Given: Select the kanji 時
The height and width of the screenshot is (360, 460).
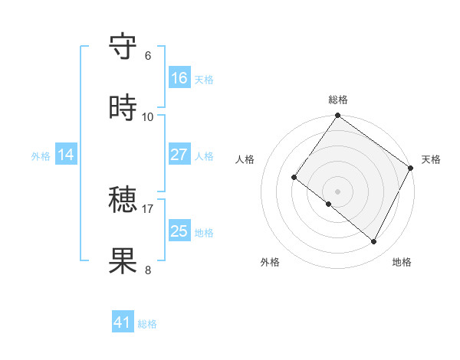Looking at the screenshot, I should (123, 108).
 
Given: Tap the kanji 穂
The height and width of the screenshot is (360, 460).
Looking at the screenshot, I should (123, 201).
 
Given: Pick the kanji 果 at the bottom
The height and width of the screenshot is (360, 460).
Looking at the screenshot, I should (123, 260).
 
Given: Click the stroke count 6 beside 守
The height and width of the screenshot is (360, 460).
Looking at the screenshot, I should (148, 56).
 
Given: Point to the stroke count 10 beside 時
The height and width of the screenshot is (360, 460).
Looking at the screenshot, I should (148, 116).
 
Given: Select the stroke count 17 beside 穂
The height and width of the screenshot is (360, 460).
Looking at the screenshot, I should (148, 208).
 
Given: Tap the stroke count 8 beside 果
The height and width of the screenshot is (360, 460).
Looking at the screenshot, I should (148, 269).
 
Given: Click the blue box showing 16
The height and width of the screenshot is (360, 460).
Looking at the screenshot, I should (179, 78).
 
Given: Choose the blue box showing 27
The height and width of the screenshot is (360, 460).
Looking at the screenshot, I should (179, 155).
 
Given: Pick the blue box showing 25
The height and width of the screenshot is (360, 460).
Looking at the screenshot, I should (179, 231).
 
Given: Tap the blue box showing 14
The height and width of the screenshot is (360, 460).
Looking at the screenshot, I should (66, 155).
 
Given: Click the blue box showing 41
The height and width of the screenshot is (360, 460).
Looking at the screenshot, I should (123, 322).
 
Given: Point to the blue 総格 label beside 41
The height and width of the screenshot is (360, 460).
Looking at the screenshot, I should (147, 324).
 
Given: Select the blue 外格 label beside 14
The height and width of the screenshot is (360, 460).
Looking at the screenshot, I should (41, 156).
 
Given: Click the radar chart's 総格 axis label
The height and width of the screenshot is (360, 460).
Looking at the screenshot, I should (337, 100).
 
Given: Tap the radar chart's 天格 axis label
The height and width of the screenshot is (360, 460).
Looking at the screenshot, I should (431, 159).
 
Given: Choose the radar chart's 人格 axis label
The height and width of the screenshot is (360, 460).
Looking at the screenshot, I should (245, 159).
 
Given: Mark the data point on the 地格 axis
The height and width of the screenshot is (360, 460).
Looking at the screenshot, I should (374, 242).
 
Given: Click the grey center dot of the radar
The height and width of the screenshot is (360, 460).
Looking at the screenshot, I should (337, 191).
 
